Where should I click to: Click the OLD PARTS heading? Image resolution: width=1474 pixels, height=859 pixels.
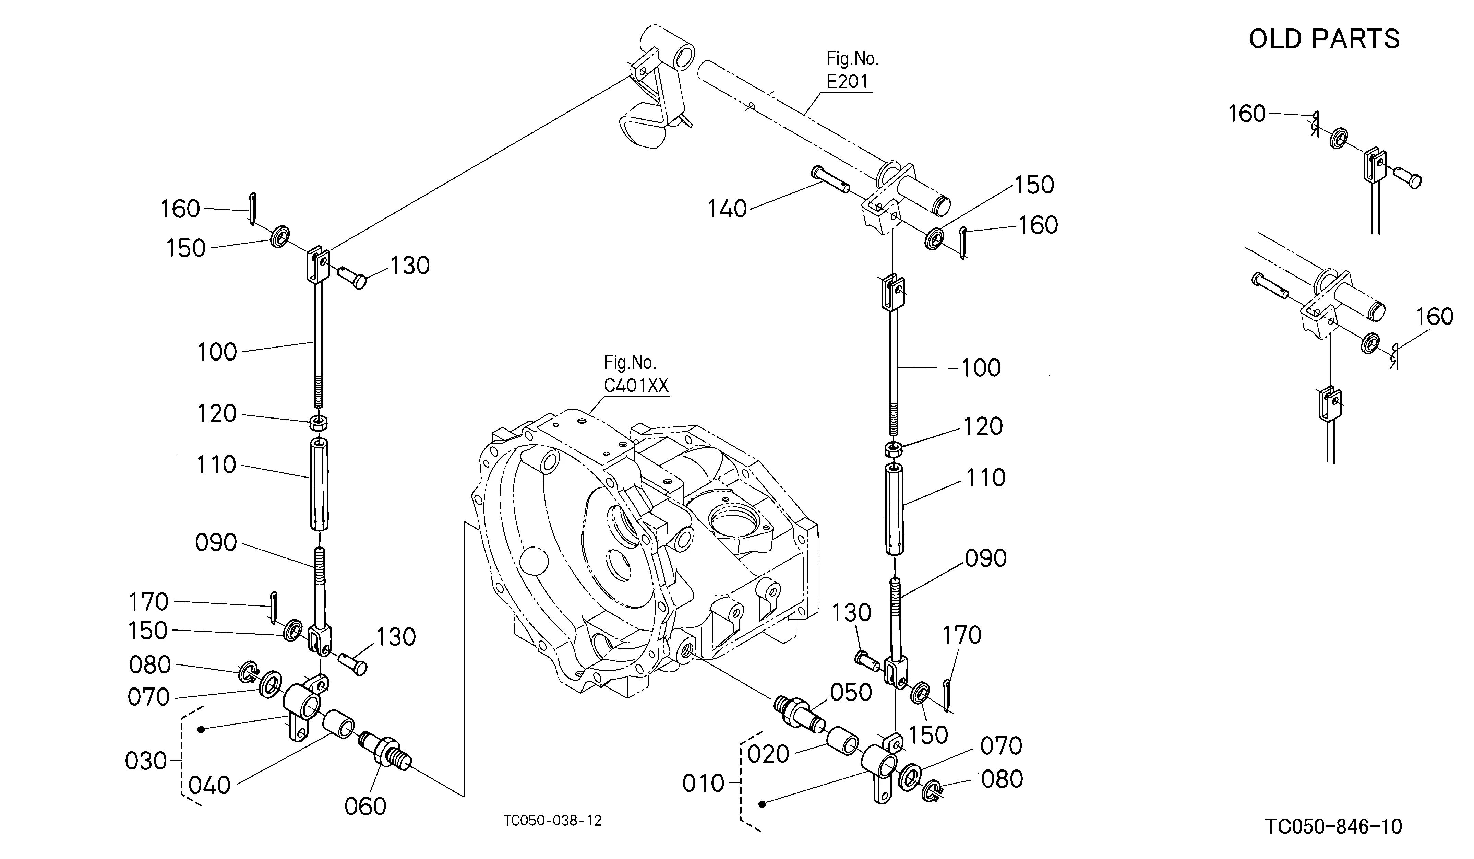point(1324,39)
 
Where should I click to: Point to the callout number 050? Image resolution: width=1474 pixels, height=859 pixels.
point(851,693)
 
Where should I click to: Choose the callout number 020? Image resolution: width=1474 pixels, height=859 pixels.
point(769,755)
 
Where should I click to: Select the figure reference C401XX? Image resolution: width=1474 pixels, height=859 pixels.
point(636,386)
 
